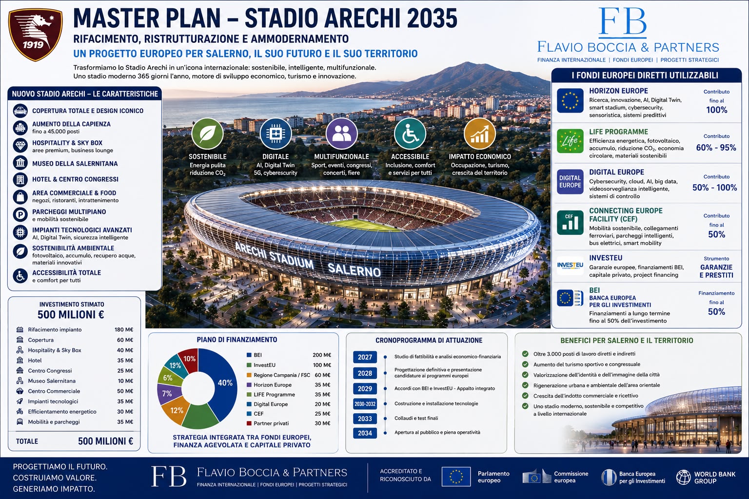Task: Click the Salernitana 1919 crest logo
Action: pyautogui.click(x=35, y=35)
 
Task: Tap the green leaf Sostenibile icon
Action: pyautogui.click(x=207, y=134)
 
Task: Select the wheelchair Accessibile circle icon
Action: pyautogui.click(x=410, y=134)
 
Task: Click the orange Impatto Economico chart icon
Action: pyautogui.click(x=479, y=134)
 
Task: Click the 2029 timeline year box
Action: pyautogui.click(x=365, y=389)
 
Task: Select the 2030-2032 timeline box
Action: pyautogui.click(x=365, y=404)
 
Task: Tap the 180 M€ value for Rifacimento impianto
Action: pyautogui.click(x=124, y=329)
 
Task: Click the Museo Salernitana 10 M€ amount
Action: pyautogui.click(x=125, y=381)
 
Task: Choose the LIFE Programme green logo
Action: pyautogui.click(x=570, y=141)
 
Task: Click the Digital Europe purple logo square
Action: pyautogui.click(x=570, y=181)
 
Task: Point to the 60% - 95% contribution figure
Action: pyautogui.click(x=716, y=148)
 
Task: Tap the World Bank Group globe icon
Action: pyautogui.click(x=684, y=477)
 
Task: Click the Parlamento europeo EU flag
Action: pyautogui.click(x=456, y=477)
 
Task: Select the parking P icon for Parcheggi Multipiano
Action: pyautogui.click(x=20, y=215)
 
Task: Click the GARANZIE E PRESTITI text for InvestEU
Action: pyautogui.click(x=716, y=271)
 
